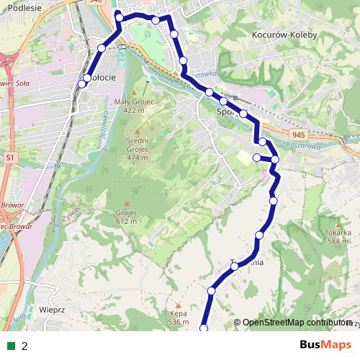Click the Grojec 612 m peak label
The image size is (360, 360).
point(125,217)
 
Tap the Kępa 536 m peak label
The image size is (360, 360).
point(178,318)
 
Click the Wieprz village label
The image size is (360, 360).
point(53,310)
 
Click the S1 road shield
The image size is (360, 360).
point(9,156)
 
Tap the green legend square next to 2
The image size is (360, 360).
point(12,346)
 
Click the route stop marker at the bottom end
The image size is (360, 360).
point(203,328)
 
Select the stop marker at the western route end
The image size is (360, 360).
point(81,84)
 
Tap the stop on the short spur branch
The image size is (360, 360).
point(256,157)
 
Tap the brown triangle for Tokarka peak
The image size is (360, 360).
point(338,223)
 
